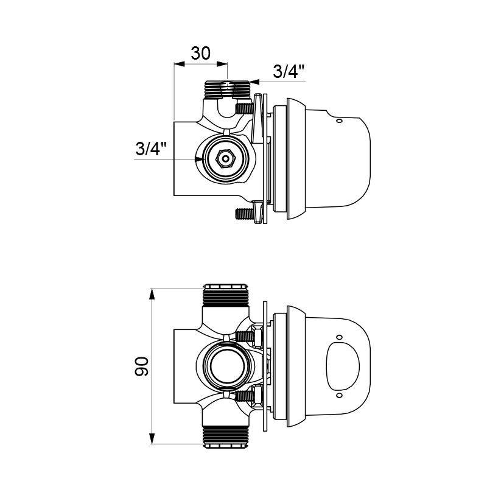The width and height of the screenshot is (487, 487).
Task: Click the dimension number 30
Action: [200, 53]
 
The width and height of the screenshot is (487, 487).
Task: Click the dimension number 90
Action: [142, 366]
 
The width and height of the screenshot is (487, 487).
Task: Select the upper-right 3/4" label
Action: [289, 71]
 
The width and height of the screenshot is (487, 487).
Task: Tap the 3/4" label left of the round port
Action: [151, 149]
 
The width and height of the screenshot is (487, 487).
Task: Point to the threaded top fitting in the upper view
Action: [227, 90]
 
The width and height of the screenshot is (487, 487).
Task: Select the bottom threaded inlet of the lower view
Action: [226, 437]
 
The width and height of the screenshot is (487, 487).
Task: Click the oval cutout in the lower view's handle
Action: [343, 366]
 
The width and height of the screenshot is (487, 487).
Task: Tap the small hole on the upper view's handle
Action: [340, 120]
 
